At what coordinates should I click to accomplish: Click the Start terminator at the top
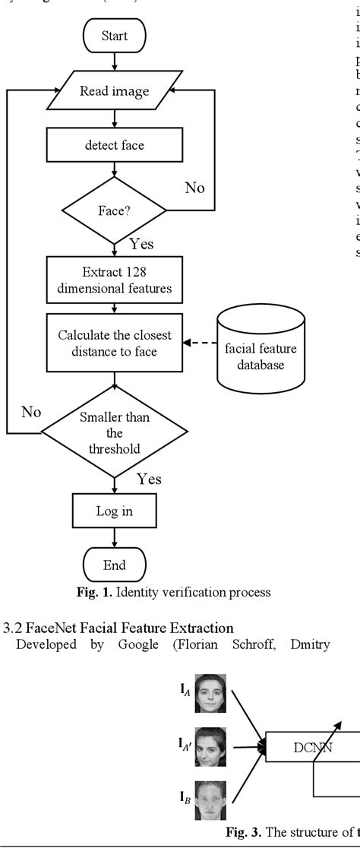pos(114,35)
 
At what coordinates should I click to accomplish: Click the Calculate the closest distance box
pos(114,344)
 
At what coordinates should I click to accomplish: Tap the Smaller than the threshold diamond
pos(114,433)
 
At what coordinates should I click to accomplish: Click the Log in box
pos(114,511)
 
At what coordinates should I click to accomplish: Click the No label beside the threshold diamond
pos(30,411)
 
